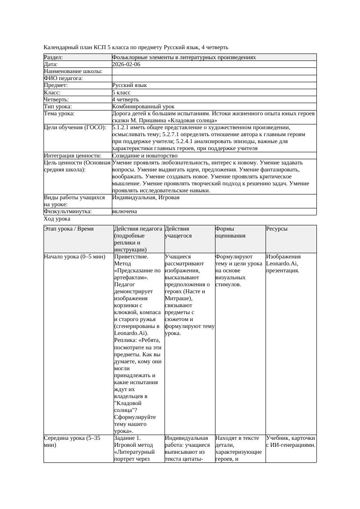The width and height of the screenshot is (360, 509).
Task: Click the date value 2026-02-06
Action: pos(126,64)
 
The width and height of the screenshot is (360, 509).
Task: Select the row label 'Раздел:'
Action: pos(54,57)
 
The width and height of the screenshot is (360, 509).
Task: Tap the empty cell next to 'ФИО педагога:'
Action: pos(214,78)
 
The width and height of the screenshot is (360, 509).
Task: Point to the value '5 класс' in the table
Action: pos(121,93)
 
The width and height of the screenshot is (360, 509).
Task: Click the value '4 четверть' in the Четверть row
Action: pos(125,100)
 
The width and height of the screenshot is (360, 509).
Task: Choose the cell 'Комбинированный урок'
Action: pos(143,107)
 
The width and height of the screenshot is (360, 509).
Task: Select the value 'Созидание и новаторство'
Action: pos(145,156)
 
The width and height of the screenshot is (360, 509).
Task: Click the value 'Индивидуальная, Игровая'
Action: pos(146,198)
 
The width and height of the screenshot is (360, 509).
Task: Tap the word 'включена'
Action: pos(124,211)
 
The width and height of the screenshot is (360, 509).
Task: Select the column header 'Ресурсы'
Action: pos(277,229)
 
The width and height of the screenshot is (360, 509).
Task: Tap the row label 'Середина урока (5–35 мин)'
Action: pos(72,442)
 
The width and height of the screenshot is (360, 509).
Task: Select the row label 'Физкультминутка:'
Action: pos(68,211)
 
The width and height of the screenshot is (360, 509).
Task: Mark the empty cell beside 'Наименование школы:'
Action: pos(214,71)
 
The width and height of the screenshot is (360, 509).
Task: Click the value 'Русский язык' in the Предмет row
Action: pos(129,86)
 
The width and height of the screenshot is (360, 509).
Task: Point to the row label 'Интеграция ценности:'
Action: pos(73,156)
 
